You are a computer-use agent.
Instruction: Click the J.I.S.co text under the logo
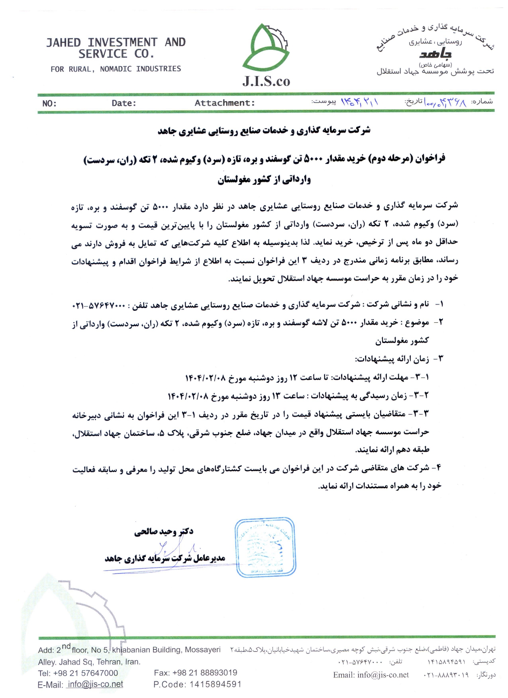pyautogui.click(x=266, y=81)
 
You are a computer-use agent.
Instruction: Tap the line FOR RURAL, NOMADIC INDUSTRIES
pyautogui.click(x=116, y=69)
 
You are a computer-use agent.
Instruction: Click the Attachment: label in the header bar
pyautogui.click(x=225, y=103)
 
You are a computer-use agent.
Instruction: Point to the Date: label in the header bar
pyautogui.click(x=124, y=103)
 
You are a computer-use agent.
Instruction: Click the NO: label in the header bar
pyautogui.click(x=49, y=104)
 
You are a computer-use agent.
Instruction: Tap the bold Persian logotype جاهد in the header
pyautogui.click(x=435, y=54)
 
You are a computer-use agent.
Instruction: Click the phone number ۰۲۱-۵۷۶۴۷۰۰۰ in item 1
pyautogui.click(x=98, y=306)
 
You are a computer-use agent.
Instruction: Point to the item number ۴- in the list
pyautogui.click(x=437, y=468)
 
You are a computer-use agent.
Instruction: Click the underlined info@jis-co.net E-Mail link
pyautogui.click(x=95, y=684)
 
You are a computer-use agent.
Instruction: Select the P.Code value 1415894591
pyautogui.click(x=215, y=684)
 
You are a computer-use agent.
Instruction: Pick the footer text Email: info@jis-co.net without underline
pyautogui.click(x=371, y=675)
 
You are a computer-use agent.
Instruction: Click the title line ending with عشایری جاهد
pyautogui.click(x=264, y=131)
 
